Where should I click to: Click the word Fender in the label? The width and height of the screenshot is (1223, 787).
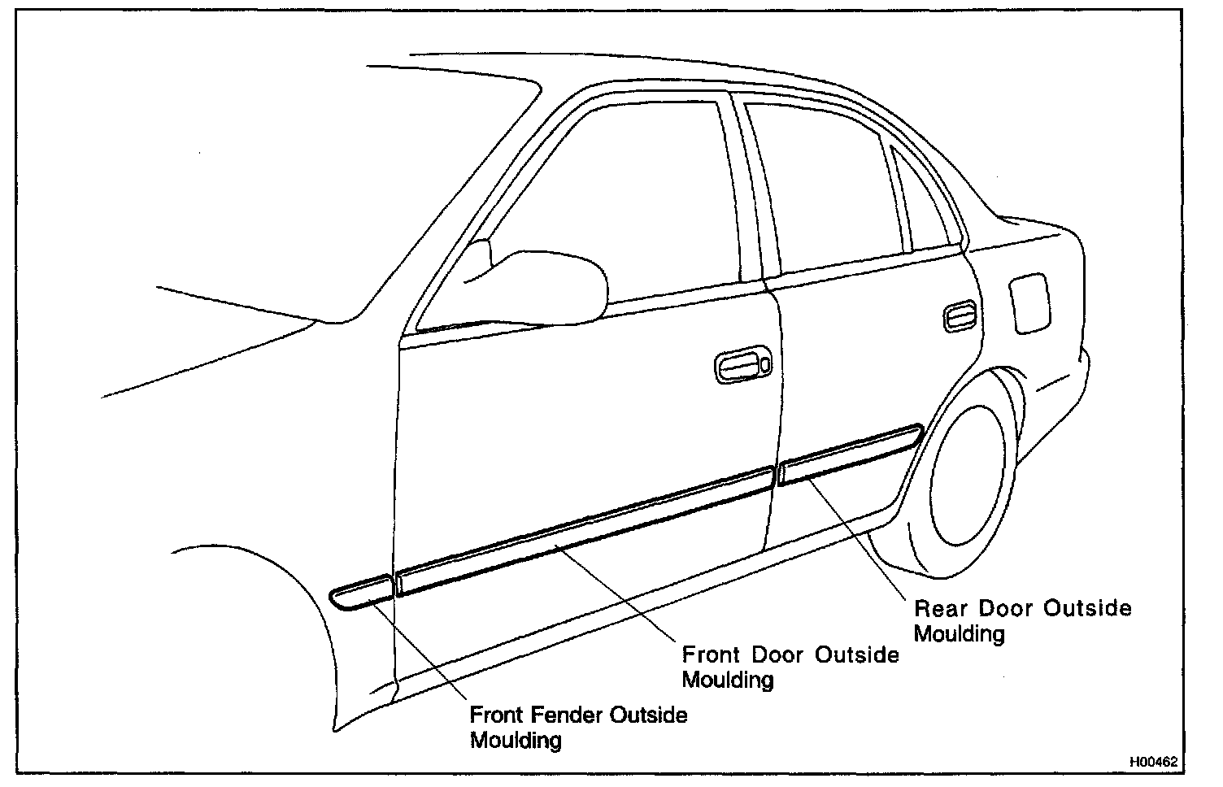566,715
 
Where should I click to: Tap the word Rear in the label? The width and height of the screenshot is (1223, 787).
941,608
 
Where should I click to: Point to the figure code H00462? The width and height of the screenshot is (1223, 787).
1153,763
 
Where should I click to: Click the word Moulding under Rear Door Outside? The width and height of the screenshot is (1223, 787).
960,633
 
